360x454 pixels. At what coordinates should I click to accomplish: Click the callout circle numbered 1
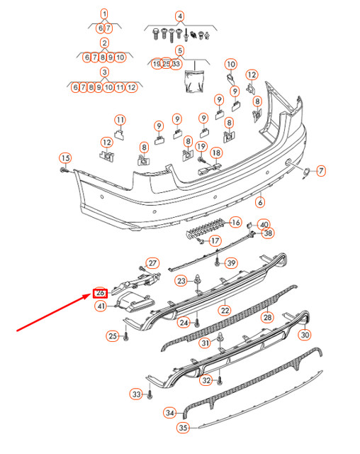click(x=104, y=13)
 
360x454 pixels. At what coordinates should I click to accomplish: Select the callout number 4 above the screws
click(x=180, y=16)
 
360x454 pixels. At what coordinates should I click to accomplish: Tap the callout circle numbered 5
click(x=180, y=50)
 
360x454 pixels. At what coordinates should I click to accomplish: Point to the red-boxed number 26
click(x=100, y=293)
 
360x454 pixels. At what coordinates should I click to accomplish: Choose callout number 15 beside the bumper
click(x=64, y=157)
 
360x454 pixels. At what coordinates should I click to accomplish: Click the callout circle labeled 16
click(x=235, y=222)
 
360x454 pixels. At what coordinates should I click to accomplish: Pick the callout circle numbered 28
click(x=267, y=317)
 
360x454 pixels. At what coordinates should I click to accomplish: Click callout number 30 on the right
click(x=304, y=334)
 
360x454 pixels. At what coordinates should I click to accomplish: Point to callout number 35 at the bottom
click(x=183, y=428)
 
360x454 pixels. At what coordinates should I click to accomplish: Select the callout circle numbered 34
click(x=169, y=412)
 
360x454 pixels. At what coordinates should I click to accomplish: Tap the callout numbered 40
click(x=264, y=224)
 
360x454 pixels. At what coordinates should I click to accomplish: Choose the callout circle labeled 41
click(x=101, y=306)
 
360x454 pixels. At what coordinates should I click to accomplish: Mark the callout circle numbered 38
click(x=267, y=233)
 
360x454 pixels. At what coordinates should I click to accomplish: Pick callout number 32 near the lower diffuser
click(x=206, y=380)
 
